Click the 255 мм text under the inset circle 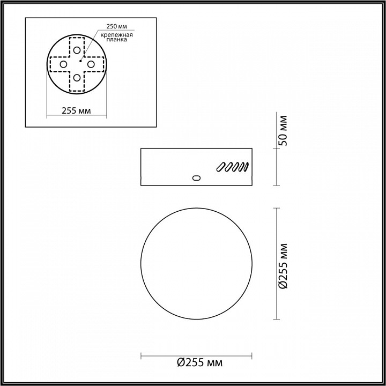point(76,111)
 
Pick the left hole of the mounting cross point(63,64)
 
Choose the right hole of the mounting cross point(91,64)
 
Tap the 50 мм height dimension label point(284,130)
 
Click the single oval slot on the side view point(196,177)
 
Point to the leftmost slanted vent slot point(220,167)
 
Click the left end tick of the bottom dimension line point(141,354)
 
